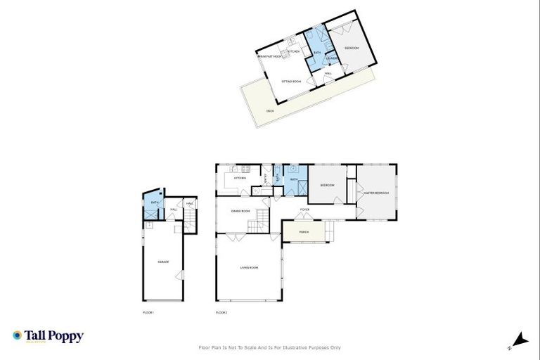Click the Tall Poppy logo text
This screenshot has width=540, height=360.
click(53, 336)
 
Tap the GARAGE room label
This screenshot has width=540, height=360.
click(163, 262)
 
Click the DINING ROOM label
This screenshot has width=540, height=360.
click(240, 210)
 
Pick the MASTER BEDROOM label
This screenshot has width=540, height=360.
click(378, 193)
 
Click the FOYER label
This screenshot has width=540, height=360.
click(305, 209)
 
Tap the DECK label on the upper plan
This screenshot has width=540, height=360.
click(270, 111)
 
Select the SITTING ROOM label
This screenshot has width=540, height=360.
click(291, 82)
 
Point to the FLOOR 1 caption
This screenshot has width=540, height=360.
click(148, 311)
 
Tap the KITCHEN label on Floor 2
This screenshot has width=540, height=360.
click(240, 178)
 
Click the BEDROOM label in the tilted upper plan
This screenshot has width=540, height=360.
click(352, 48)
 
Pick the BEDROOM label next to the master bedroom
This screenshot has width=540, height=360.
click(327, 185)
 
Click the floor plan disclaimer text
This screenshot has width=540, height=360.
click(269, 347)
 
